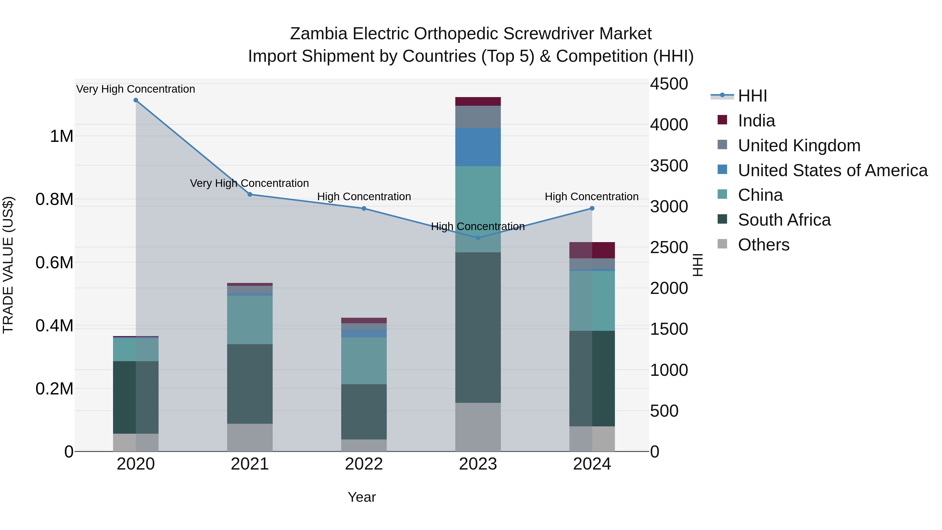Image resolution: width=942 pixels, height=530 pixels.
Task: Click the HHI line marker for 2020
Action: tap(136, 100)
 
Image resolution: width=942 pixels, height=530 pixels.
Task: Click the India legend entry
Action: tap(756, 121)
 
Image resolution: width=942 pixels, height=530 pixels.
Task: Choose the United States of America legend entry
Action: tap(832, 170)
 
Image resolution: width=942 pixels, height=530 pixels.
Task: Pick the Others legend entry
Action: tap(763, 245)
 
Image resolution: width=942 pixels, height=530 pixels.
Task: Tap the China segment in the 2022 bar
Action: tap(364, 360)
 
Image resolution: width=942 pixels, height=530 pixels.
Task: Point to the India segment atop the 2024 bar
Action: tap(592, 250)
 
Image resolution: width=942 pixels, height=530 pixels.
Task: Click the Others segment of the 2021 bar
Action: tap(250, 437)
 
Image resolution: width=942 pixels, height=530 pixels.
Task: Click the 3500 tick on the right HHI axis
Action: tap(669, 166)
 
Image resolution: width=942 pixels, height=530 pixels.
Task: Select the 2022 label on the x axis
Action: tap(364, 464)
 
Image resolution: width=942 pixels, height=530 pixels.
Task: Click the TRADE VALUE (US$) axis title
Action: tap(8, 265)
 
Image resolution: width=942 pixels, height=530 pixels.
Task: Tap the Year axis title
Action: tap(362, 497)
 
